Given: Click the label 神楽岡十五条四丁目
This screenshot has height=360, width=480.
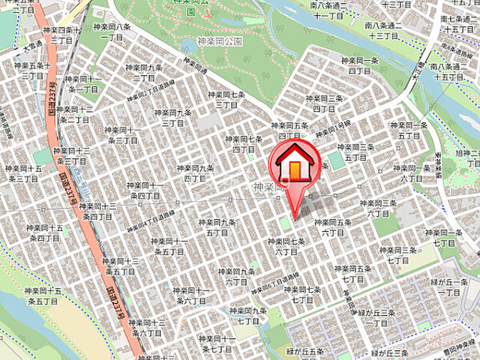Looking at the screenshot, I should click(x=43, y=232).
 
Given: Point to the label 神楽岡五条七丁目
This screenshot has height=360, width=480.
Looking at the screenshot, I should click(x=352, y=273).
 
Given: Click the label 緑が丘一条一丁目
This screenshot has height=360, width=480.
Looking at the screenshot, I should click(x=452, y=286).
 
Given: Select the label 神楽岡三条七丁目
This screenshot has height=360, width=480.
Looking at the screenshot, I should click(x=398, y=255).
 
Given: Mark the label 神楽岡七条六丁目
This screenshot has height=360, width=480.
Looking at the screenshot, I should click(x=286, y=246).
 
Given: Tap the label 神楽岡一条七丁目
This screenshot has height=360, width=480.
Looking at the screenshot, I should click(x=439, y=238).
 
